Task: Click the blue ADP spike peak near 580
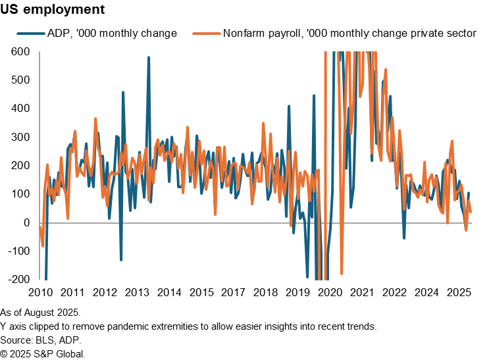tap(149, 57)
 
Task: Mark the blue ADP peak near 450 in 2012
tap(123, 92)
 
